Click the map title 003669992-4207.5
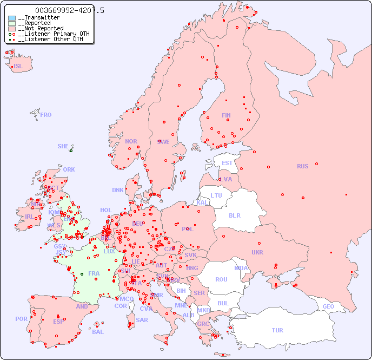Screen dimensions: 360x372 (x=69, y=10)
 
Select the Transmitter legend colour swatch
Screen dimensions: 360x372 (x=12, y=18)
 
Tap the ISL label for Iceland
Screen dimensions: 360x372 (x=18, y=67)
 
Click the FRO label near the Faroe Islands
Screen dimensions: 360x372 (x=46, y=115)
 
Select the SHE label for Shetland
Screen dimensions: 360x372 (x=63, y=146)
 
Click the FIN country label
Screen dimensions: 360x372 (x=226, y=115)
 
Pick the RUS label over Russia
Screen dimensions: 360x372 (x=302, y=166)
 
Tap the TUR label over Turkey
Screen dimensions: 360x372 (x=277, y=330)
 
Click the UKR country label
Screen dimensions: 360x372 (x=257, y=252)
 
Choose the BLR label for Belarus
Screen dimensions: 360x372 (x=234, y=215)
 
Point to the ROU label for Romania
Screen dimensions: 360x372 (x=221, y=279)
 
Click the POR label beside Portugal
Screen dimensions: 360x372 (x=21, y=319)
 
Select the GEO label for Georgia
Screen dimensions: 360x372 (x=328, y=306)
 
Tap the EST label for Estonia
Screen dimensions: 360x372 (x=227, y=163)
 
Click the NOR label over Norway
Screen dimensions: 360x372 (x=131, y=141)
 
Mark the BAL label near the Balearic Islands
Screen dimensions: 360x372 (x=97, y=332)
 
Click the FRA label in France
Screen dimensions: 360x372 (x=94, y=273)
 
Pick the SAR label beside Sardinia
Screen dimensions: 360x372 (x=142, y=320)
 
